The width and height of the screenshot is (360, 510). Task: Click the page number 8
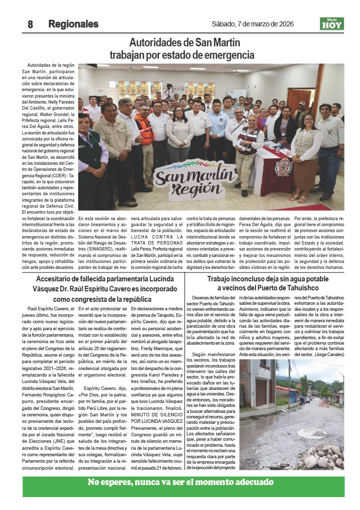(x=30, y=24)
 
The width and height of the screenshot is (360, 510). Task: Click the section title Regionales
(x=73, y=24)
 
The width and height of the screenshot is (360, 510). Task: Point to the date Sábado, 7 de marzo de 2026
(x=252, y=24)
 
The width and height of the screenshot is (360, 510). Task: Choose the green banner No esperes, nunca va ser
(x=180, y=482)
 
